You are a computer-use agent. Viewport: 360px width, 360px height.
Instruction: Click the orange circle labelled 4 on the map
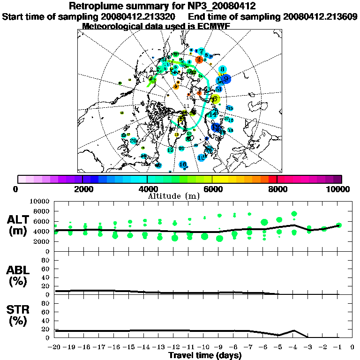point(199,60)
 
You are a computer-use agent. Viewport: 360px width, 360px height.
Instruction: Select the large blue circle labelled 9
point(226,79)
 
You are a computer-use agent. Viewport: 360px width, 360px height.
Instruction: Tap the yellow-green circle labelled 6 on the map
point(215,99)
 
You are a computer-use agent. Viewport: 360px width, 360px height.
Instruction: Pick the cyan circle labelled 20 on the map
point(134,141)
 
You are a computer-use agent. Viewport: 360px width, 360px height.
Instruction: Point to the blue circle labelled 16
point(183,165)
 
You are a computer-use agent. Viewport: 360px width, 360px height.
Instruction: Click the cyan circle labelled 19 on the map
point(202,158)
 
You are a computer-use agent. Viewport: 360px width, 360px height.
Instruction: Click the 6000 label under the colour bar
point(212,189)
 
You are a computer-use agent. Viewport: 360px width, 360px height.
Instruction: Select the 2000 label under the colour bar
point(82,189)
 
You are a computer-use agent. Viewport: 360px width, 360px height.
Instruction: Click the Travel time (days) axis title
point(205,356)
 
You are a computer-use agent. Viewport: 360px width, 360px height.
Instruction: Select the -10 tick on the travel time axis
point(204,347)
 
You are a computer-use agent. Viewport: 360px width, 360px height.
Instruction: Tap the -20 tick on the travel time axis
point(55,347)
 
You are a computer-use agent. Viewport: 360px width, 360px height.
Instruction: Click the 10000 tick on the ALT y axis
point(40,201)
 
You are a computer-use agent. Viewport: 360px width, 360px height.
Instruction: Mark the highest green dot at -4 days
point(294,214)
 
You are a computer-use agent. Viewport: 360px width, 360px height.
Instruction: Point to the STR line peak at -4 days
point(294,330)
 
